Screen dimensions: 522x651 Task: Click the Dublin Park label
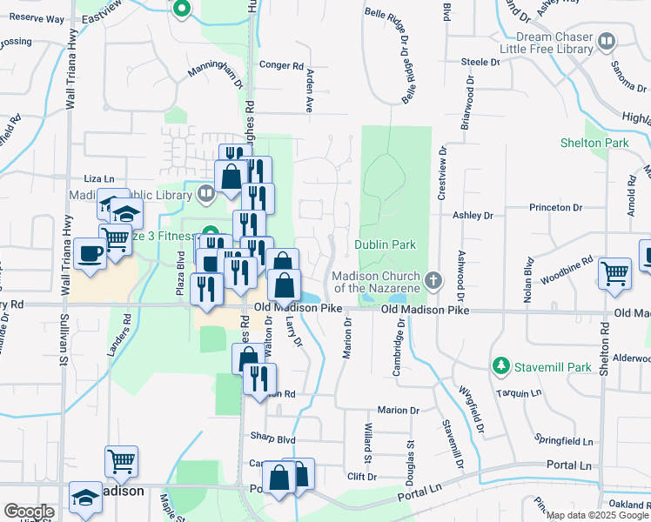(386, 245)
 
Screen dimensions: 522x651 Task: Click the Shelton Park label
(606, 143)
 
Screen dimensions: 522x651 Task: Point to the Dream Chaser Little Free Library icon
(607, 41)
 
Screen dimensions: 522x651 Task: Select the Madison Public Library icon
(206, 193)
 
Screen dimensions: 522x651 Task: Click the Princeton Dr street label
(556, 208)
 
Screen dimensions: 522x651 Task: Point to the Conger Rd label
(281, 65)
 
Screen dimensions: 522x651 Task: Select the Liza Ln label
(99, 178)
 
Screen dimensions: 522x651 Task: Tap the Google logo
(28, 512)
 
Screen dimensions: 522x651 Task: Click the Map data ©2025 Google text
(596, 515)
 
